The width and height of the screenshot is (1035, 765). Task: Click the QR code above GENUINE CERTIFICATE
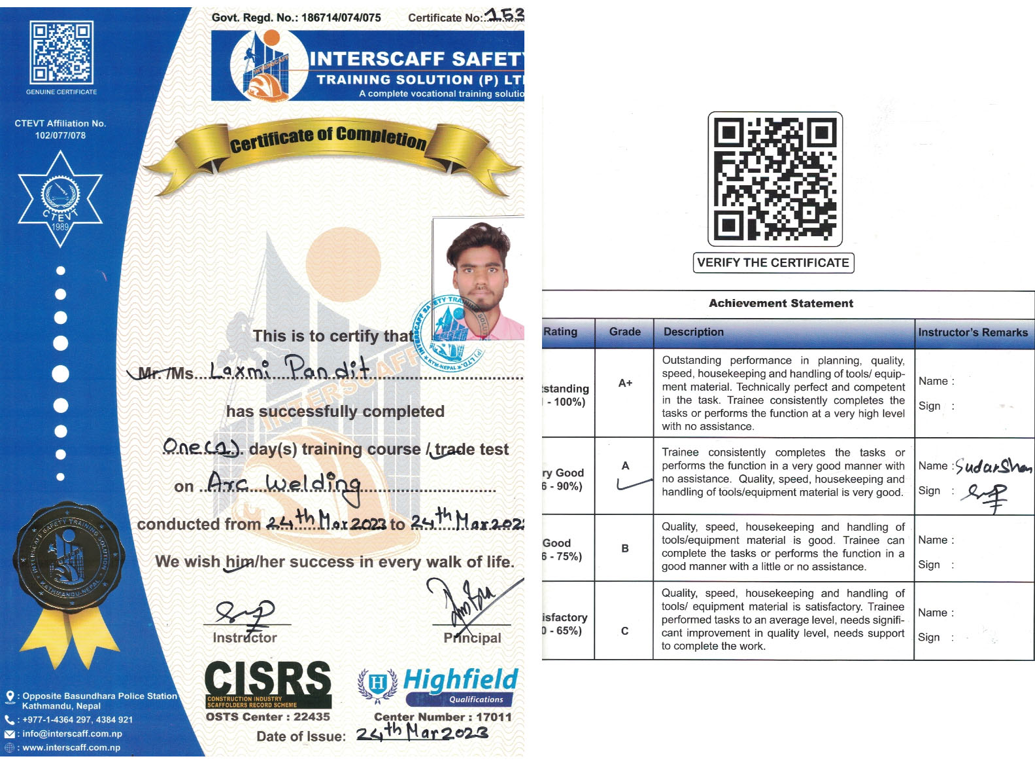click(x=61, y=52)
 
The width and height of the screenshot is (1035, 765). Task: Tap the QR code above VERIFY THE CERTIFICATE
click(x=775, y=179)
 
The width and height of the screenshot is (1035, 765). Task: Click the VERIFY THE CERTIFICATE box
click(x=773, y=263)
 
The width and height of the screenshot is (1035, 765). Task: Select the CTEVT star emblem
click(x=60, y=198)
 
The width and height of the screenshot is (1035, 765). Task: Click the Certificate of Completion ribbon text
click(x=328, y=138)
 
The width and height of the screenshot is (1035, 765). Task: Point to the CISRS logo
click(x=268, y=685)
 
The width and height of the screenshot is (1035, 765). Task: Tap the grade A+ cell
click(x=625, y=383)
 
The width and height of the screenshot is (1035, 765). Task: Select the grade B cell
click(x=625, y=548)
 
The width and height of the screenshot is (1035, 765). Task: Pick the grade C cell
click(x=624, y=631)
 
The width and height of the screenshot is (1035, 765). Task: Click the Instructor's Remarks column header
click(x=973, y=332)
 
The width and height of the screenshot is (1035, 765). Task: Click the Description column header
click(x=694, y=332)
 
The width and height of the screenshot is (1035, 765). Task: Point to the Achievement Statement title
click(x=781, y=304)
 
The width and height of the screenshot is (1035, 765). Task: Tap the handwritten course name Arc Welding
click(x=284, y=485)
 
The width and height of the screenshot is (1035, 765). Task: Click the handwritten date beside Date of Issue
click(x=422, y=732)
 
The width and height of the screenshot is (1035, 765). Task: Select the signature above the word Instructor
click(x=245, y=613)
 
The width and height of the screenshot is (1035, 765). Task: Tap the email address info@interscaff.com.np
click(x=72, y=734)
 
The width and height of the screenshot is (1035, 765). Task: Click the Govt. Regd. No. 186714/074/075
click(x=296, y=18)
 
